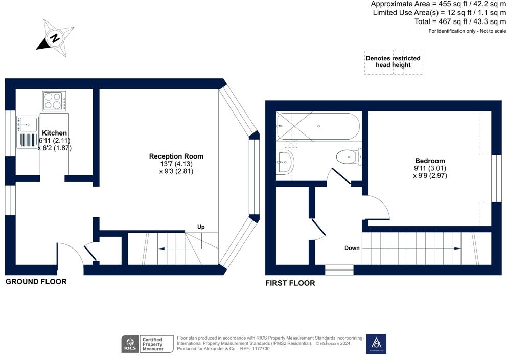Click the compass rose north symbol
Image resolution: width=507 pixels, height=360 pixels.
tap(55, 38)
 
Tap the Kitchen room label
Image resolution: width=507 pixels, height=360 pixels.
tap(54, 133)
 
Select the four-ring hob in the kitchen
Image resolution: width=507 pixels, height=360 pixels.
tap(54, 101)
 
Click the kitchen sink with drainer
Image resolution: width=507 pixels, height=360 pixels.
tap(28, 132)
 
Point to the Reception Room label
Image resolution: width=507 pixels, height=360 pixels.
tap(176, 156)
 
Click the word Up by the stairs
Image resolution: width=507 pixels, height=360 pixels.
tap(201, 227)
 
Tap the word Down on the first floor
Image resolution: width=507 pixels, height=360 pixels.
tap(352, 248)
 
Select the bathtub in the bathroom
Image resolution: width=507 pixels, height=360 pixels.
tap(318, 126)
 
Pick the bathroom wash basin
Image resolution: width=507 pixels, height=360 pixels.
tap(285, 162)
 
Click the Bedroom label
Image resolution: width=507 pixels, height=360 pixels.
tap(430, 161)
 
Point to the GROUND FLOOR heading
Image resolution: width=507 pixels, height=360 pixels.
tap(36, 282)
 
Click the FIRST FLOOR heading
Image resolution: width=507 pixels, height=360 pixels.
tap(290, 283)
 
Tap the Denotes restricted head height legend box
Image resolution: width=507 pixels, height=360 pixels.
tap(393, 62)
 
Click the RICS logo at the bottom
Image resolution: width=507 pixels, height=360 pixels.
tap(130, 344)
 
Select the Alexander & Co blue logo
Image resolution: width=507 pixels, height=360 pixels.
tap(376, 344)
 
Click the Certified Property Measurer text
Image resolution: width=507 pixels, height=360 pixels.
tap(153, 344)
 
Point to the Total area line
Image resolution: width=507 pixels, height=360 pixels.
tap(460, 21)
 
